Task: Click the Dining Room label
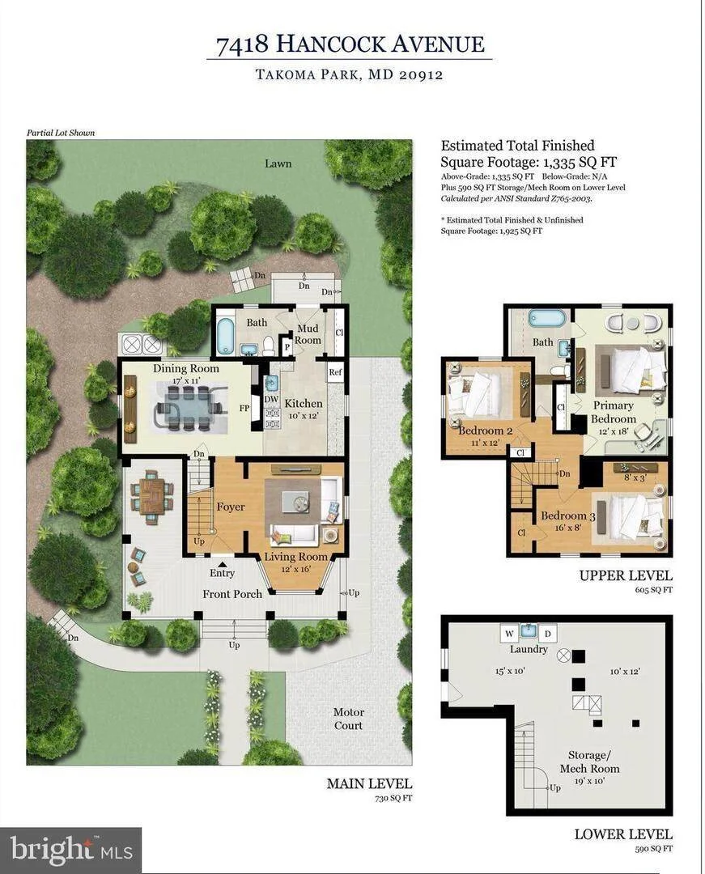point(186,368)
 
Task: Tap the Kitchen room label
point(304,404)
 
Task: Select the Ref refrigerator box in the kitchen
point(335,372)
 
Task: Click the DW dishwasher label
point(271,399)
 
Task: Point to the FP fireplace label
point(244,408)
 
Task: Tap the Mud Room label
point(308,334)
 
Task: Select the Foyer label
point(231,507)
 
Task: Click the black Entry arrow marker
point(223,564)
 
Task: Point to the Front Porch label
point(232,594)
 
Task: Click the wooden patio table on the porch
point(151,497)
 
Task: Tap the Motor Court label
point(348,719)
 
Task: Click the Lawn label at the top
point(278,163)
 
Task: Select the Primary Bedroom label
point(614,412)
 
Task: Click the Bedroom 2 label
point(486,431)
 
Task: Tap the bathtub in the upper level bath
point(546,320)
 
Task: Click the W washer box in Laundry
point(509,634)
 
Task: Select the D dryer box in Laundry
point(547,634)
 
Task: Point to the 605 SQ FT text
point(653,590)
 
